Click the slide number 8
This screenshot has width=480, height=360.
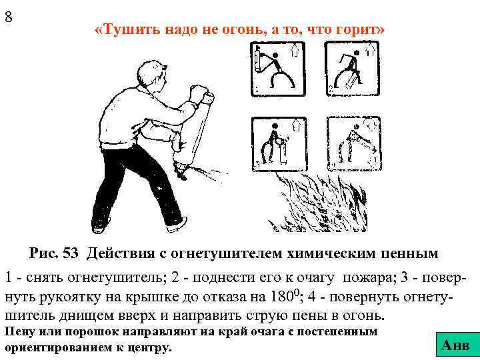click(9, 17)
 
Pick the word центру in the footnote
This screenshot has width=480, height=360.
click(149, 347)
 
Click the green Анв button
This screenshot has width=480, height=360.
click(455, 345)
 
